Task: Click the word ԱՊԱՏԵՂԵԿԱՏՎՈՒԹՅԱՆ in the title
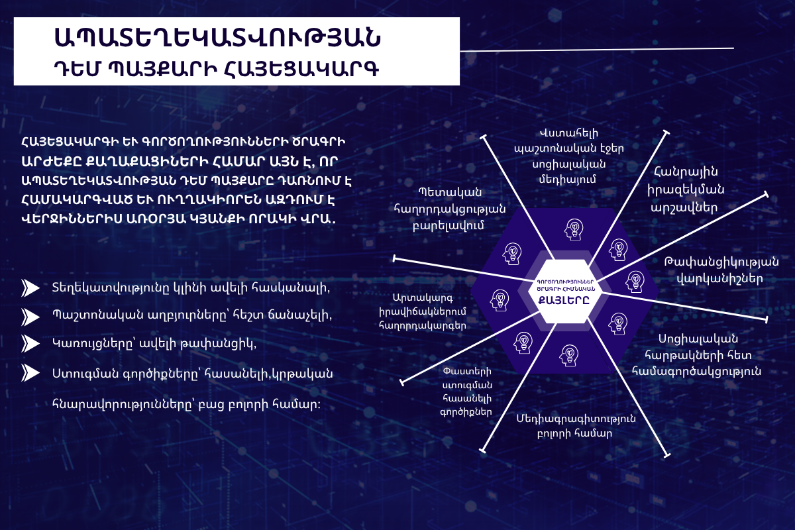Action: pos(217,37)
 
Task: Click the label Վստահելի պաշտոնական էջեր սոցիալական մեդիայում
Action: pos(568,156)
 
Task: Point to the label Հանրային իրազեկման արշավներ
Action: pos(686,189)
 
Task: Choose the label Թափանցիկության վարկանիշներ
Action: pos(721,270)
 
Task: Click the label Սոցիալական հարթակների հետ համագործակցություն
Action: pos(697,355)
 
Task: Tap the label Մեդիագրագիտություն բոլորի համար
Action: pos(576,425)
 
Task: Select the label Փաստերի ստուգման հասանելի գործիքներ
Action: pos(466,392)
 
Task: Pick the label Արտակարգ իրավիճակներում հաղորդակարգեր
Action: pos(423,311)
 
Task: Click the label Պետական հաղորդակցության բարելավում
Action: pos(450,209)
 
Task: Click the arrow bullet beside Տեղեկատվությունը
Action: pos(30,288)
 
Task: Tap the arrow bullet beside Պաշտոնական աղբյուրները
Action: pos(30,317)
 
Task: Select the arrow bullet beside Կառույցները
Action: pos(30,344)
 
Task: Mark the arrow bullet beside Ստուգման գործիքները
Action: pos(30,373)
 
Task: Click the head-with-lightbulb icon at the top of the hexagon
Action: pos(574,229)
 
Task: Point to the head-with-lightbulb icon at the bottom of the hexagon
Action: pos(569,356)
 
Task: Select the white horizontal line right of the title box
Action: pos(597,49)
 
